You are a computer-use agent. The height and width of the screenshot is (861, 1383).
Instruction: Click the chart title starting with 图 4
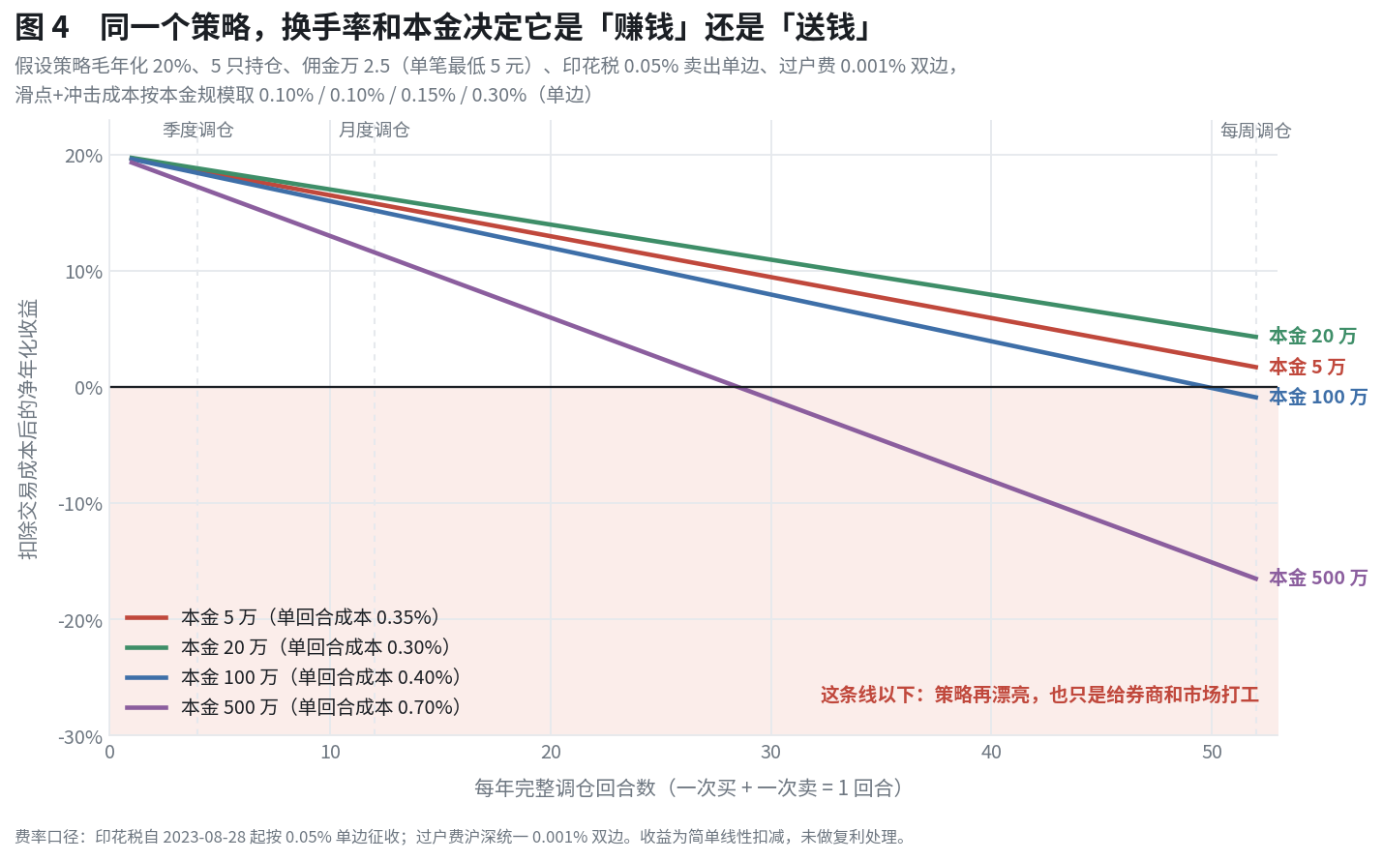(x=442, y=28)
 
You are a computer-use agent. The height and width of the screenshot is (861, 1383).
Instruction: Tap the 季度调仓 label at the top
(x=198, y=131)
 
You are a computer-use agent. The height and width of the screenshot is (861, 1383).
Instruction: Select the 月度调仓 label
(x=375, y=131)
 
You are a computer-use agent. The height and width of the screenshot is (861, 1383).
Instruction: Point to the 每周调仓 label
(x=1256, y=131)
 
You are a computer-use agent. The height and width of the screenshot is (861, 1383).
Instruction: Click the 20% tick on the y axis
(x=84, y=156)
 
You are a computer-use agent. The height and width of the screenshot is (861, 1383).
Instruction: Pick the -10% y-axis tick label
(x=80, y=504)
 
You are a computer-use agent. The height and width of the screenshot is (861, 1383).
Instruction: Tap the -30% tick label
(x=80, y=737)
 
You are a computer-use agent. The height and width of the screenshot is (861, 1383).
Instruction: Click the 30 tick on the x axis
(x=770, y=753)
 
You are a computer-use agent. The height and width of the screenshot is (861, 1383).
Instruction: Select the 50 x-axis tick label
(x=1212, y=753)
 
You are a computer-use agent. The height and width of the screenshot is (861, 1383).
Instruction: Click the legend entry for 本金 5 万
(x=283, y=617)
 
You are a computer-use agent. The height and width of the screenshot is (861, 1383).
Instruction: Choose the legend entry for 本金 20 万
(x=287, y=647)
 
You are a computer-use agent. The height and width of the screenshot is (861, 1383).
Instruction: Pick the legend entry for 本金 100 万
(x=293, y=678)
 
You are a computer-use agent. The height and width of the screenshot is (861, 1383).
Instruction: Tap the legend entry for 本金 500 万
(x=293, y=707)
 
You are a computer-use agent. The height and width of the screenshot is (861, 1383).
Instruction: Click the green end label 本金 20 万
(x=1312, y=337)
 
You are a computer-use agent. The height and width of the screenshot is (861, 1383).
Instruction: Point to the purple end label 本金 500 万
(x=1318, y=579)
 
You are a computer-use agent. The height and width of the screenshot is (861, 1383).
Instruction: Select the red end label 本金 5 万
(x=1307, y=368)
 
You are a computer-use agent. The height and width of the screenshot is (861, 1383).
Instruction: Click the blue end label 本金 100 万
(x=1318, y=397)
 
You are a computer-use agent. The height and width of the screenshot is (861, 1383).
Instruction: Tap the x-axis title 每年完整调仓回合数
(x=688, y=788)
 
